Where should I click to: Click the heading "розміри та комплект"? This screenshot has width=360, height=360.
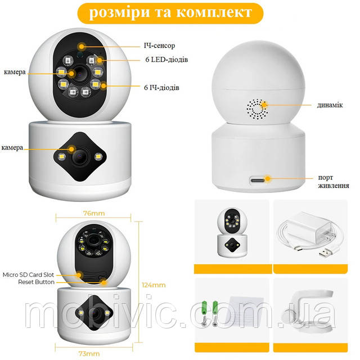click(x=170, y=12)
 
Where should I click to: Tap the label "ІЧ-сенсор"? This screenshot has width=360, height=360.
click(x=159, y=46)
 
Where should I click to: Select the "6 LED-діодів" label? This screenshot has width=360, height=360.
click(x=166, y=60)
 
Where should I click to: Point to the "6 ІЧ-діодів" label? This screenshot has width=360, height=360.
click(x=161, y=88)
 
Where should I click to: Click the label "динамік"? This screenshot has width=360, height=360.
click(x=330, y=105)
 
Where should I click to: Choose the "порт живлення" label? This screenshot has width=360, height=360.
click(x=334, y=181)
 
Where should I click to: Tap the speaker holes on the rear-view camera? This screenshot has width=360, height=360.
click(x=258, y=109)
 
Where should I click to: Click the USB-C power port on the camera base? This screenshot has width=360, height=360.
click(x=258, y=180)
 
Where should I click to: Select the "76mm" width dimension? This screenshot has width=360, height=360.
click(x=94, y=213)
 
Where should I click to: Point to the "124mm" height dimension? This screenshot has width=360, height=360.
click(x=154, y=285)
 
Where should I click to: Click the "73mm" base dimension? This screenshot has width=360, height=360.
click(x=89, y=354)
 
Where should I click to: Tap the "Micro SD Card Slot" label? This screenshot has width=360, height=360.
click(x=28, y=274)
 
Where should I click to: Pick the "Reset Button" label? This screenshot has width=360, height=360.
click(x=36, y=282)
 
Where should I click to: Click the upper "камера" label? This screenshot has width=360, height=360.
click(x=15, y=72)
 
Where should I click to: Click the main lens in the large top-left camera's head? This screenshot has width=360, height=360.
click(x=80, y=74)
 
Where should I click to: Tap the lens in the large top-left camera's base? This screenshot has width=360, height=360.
click(x=79, y=156)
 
